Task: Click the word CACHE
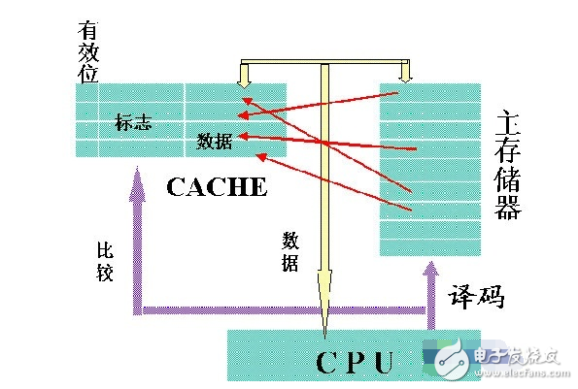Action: click(216, 186)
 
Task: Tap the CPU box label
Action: click(355, 361)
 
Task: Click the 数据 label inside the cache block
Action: click(214, 141)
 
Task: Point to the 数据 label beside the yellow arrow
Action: click(290, 250)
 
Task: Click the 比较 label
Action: click(105, 261)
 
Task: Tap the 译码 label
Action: click(476, 298)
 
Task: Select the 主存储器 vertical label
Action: click(507, 165)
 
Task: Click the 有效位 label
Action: click(88, 45)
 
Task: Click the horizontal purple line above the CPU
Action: click(282, 312)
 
